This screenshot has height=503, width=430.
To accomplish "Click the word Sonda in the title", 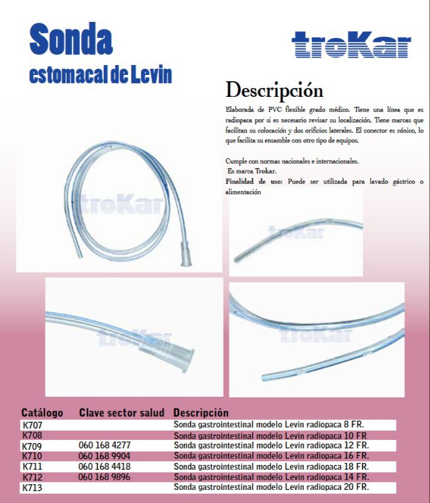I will [71, 39].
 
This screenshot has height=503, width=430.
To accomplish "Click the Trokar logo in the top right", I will [351, 46].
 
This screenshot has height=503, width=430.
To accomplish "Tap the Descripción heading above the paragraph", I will [274, 89].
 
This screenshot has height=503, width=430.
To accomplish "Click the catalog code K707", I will [32, 425].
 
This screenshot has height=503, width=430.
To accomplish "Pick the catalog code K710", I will [32, 456].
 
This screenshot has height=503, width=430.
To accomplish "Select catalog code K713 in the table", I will [32, 487].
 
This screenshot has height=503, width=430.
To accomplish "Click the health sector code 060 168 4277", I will [104, 446].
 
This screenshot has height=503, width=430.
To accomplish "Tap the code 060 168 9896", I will [104, 477].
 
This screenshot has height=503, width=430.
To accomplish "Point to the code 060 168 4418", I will [104, 466].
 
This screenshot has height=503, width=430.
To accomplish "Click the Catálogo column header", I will [42, 413].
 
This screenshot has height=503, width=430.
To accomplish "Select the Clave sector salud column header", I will [122, 413].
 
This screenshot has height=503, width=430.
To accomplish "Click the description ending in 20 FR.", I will [271, 487].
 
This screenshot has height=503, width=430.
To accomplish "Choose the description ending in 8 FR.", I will [269, 425].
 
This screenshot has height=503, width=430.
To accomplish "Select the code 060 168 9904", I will [104, 456].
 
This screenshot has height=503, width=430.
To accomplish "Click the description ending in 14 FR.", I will [271, 477].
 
